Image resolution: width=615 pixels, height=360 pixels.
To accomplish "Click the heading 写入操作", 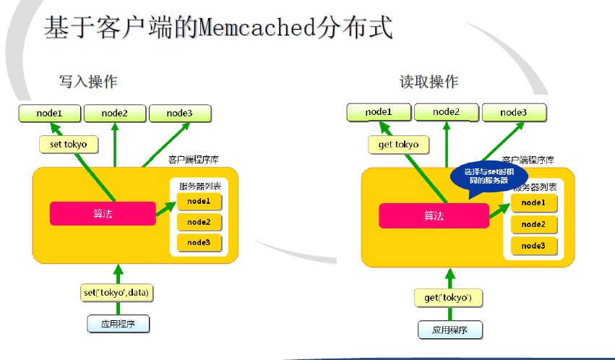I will click(88, 82).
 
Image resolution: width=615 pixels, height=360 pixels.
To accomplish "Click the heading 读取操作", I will click(429, 82).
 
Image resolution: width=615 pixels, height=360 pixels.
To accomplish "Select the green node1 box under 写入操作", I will click(49, 113).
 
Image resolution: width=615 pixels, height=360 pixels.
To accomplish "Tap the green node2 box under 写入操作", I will click(114, 113).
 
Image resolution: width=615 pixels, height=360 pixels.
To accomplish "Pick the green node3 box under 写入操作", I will click(179, 113).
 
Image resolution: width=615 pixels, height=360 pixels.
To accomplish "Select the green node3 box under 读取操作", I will click(514, 112).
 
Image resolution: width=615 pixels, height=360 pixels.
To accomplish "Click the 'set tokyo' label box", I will click(69, 145).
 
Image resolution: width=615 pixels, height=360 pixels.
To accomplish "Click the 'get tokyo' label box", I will click(398, 145).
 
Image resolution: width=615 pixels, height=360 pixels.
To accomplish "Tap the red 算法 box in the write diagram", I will click(102, 213).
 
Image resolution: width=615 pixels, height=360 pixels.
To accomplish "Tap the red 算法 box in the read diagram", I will click(434, 215).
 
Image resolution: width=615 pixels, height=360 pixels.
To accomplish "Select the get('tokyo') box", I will click(449, 298).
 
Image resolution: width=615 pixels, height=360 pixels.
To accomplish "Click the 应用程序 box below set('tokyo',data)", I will click(119, 324).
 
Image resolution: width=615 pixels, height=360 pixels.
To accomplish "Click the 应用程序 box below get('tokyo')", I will click(450, 330).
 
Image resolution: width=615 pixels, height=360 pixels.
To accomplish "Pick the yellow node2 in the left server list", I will click(199, 222).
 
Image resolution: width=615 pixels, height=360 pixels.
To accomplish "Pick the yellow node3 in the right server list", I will click(533, 246).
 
